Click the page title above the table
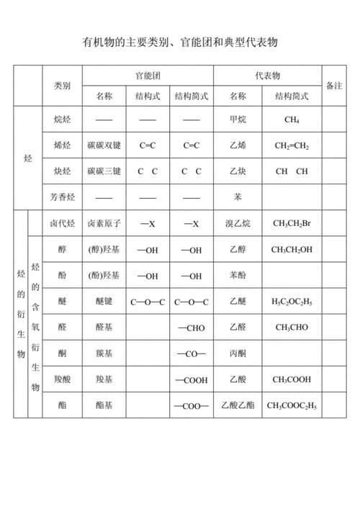[x=180, y=42]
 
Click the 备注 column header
[x=334, y=85]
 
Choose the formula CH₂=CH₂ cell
[x=292, y=145]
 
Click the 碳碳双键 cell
[x=104, y=145]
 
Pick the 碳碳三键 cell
[x=104, y=171]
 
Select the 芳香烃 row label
[x=61, y=197]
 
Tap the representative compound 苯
[x=238, y=197]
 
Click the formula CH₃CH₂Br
[x=292, y=224]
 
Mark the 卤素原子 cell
[x=104, y=224]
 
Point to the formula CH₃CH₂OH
[x=292, y=250]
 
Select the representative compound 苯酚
[x=238, y=276]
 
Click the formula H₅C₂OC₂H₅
[x=292, y=302]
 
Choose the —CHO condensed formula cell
[x=191, y=328]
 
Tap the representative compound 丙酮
[x=238, y=353]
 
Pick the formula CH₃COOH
[x=292, y=379]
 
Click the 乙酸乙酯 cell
[x=238, y=405]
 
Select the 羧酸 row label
[x=61, y=379]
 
